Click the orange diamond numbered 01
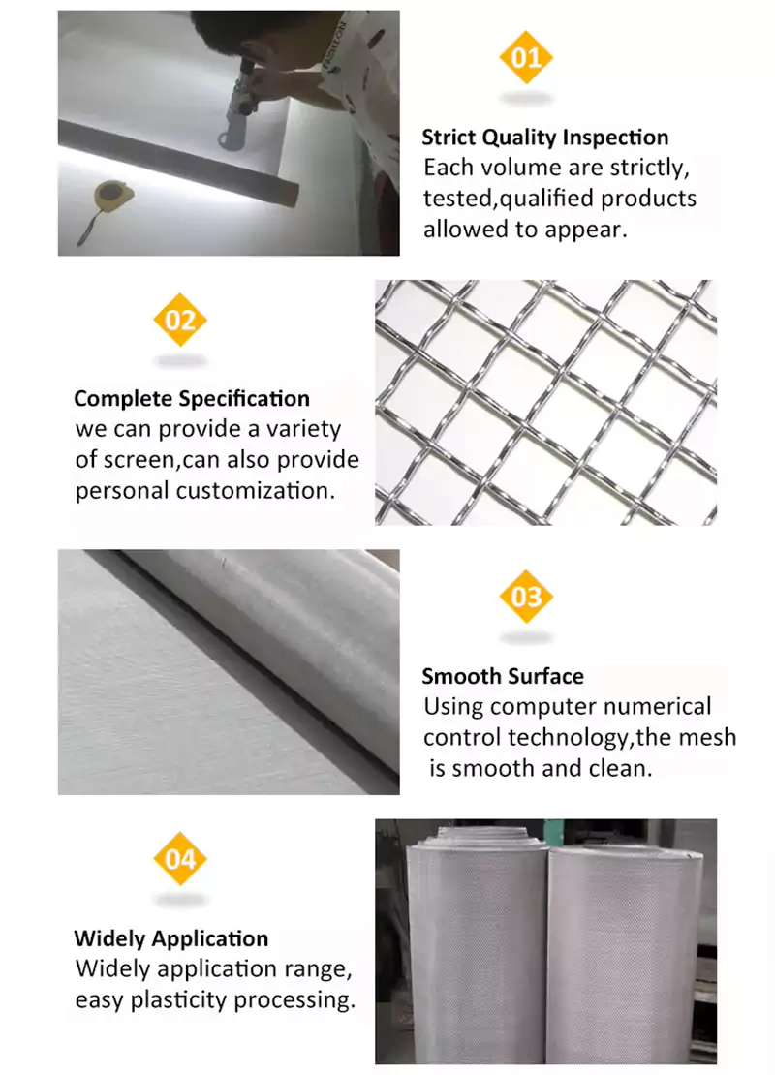(x=526, y=57)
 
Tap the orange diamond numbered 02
(x=180, y=321)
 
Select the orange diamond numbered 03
(x=526, y=597)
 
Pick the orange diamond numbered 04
(x=180, y=859)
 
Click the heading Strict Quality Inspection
(x=545, y=138)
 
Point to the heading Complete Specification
(x=192, y=398)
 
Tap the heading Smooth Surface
(x=503, y=676)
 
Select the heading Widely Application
(x=171, y=937)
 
